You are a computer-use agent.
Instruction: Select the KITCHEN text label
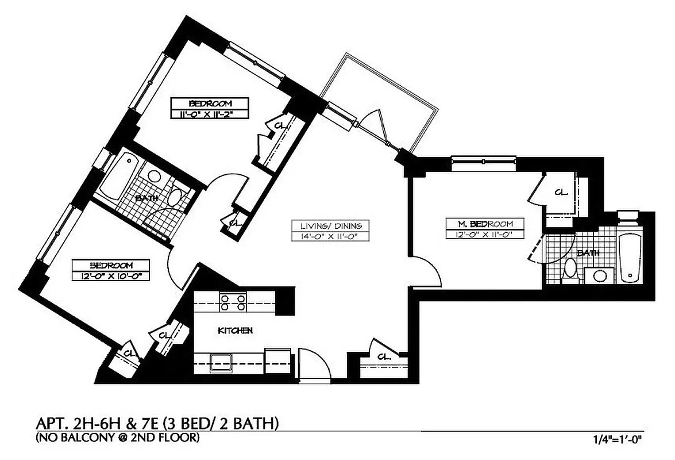tap(236, 331)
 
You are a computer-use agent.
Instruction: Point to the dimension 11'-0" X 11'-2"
tap(210, 114)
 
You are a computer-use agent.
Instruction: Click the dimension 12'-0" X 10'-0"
tap(111, 276)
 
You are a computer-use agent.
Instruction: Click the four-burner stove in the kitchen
tap(233, 302)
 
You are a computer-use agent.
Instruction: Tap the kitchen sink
tap(221, 362)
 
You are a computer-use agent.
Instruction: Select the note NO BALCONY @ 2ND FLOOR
tap(118, 439)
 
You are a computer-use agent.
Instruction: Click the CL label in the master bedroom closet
tap(561, 192)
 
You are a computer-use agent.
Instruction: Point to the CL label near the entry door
tap(384, 357)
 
